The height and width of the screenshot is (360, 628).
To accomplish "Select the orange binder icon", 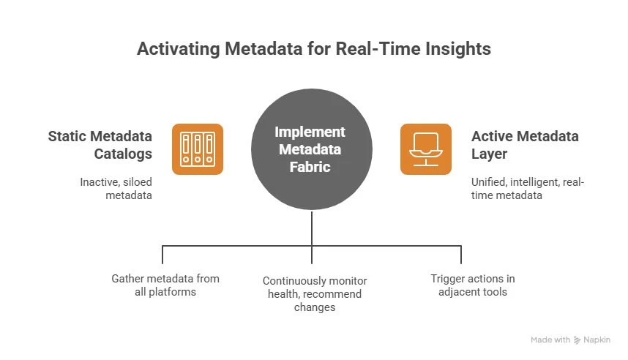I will tap(198, 149).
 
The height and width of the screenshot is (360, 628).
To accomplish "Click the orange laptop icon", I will tap(426, 149).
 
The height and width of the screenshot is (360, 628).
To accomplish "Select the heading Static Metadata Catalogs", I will tap(100, 144).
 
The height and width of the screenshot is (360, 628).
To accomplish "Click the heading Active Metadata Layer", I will tap(525, 144).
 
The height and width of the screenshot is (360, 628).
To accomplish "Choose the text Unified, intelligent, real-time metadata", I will tap(527, 188).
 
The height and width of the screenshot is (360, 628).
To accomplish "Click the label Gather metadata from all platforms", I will tap(165, 285).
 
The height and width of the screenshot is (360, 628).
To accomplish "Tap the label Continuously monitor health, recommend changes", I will tap(315, 294).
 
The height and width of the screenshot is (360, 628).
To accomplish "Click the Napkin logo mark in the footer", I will tap(577, 340).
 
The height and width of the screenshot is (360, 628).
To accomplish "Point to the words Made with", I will tap(550, 340).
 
